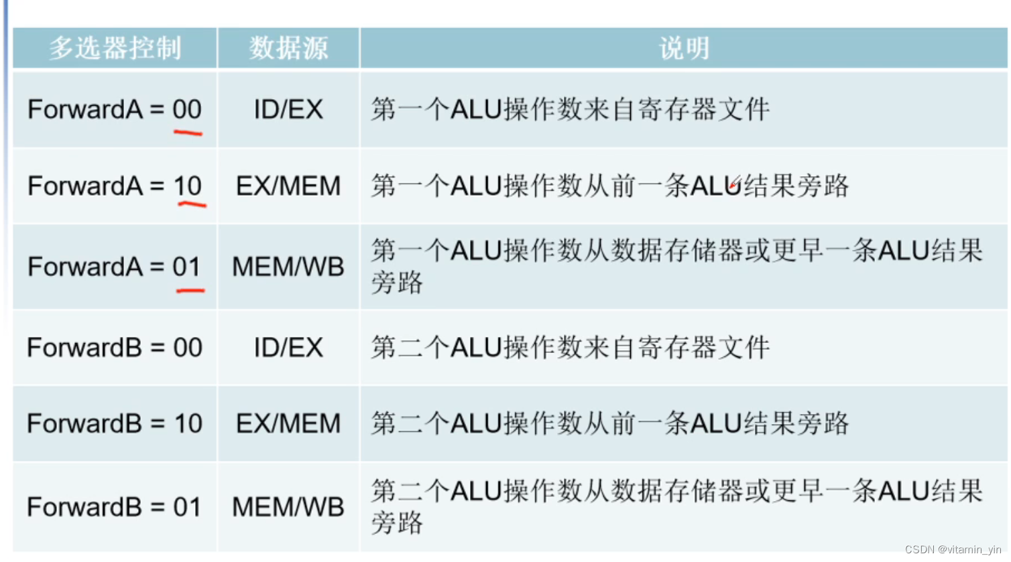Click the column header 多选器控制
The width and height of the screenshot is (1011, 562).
[115, 48]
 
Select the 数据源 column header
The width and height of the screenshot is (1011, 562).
[288, 48]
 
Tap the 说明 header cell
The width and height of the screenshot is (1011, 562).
[683, 48]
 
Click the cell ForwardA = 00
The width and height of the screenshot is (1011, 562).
[115, 109]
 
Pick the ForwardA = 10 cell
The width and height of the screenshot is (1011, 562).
[115, 186]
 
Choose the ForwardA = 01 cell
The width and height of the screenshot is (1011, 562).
[115, 267]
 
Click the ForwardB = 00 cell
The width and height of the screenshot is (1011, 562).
[115, 348]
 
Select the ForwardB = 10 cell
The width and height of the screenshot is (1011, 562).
[115, 423]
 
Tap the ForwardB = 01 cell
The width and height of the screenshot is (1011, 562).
[115, 507]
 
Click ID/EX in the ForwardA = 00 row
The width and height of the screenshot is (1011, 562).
[288, 109]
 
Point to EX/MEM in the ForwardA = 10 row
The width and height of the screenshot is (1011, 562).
[288, 186]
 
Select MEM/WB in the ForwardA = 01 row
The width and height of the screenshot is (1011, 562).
[288, 267]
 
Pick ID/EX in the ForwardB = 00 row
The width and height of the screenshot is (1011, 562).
[288, 348]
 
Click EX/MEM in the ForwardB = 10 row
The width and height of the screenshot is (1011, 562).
[288, 423]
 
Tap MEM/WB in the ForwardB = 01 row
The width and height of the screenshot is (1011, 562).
[288, 507]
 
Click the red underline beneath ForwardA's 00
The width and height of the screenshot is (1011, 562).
[188, 133]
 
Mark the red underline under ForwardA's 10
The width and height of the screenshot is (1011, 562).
[192, 204]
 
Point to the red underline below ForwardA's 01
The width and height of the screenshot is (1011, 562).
[190, 291]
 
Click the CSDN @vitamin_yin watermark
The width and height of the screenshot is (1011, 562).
[953, 550]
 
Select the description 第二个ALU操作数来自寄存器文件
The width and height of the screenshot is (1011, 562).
[570, 348]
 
